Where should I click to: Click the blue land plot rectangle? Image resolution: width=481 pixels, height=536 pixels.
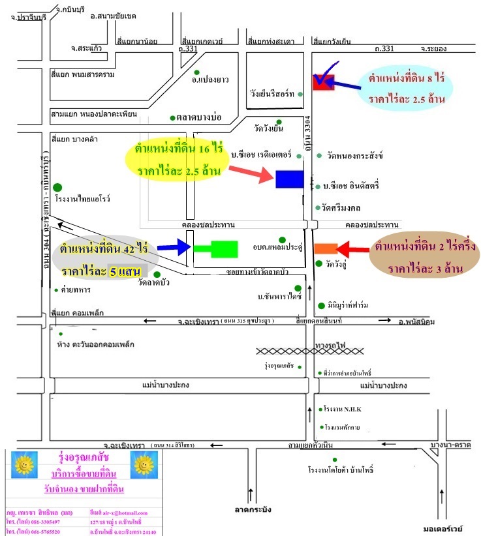(x=289, y=179)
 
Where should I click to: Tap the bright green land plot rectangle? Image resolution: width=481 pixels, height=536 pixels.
(x=215, y=248)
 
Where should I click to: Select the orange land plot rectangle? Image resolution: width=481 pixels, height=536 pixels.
(x=325, y=248)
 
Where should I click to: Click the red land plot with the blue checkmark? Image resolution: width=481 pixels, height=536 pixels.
(x=324, y=82)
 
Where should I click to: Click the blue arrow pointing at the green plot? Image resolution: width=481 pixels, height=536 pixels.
(x=172, y=247)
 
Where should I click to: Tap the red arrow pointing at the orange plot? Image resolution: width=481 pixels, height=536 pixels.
(x=353, y=248)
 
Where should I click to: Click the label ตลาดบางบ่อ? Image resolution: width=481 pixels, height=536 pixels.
(x=200, y=117)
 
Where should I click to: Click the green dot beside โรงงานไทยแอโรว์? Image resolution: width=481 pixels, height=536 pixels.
(x=58, y=188)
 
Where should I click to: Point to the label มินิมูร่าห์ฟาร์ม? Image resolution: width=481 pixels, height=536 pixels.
(x=353, y=305)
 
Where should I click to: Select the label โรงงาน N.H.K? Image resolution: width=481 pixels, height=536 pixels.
(x=343, y=409)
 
